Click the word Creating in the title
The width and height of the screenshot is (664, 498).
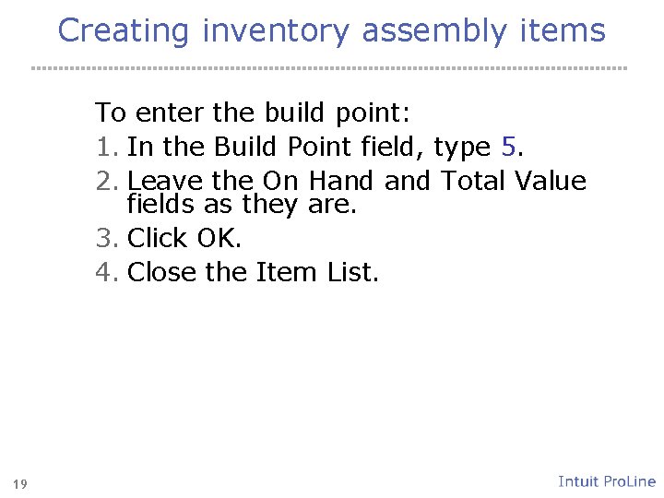coord(125,30)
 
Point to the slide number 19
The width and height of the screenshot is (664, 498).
coord(20,483)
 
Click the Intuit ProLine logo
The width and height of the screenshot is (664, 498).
coord(607,481)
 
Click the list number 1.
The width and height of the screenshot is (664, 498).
coord(104,147)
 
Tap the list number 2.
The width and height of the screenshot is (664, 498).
coord(104,181)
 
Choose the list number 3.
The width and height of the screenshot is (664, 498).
coord(104,238)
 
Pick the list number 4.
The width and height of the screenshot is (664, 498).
coord(104,272)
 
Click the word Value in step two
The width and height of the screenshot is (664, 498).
coord(550,181)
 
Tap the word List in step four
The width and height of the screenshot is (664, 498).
coord(350,272)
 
